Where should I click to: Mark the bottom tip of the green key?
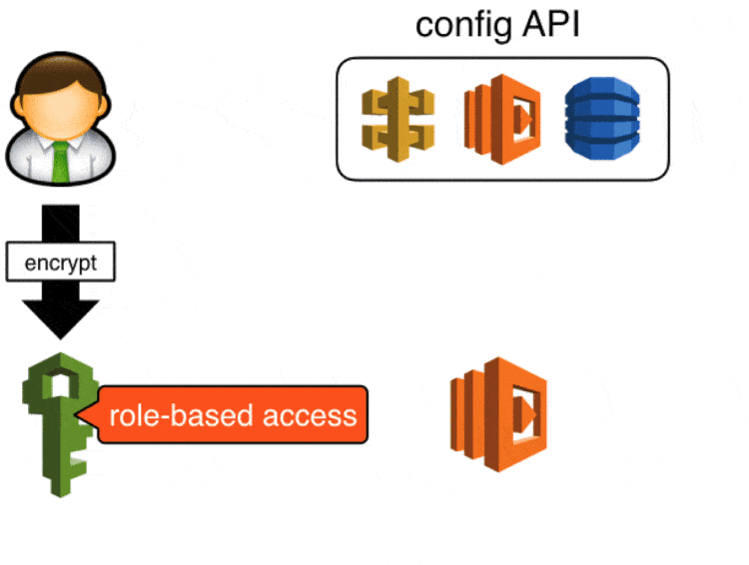[62, 493]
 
